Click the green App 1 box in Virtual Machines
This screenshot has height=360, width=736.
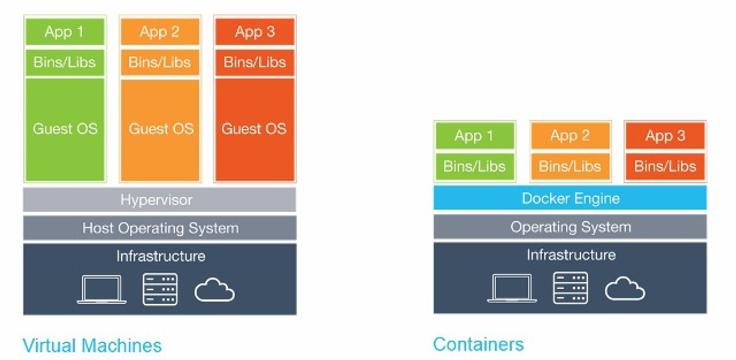(x=64, y=32)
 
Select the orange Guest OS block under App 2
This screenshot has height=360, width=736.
(x=160, y=129)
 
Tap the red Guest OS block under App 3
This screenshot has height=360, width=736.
(x=255, y=129)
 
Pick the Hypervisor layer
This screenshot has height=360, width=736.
(x=159, y=200)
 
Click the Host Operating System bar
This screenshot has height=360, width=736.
(x=159, y=228)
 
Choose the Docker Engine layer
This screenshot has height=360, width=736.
(x=570, y=198)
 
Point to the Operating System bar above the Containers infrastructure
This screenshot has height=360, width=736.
(x=570, y=227)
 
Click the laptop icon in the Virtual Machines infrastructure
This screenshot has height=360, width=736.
(x=102, y=289)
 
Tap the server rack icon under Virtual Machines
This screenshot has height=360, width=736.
(x=160, y=289)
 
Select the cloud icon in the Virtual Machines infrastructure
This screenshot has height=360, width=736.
(x=214, y=290)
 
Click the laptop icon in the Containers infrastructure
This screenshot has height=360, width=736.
(x=512, y=288)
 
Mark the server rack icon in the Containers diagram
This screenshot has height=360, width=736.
(x=570, y=288)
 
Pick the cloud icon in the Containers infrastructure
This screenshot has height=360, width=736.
(x=624, y=289)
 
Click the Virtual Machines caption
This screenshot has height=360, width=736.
(x=92, y=345)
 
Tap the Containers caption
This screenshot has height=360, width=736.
(x=478, y=344)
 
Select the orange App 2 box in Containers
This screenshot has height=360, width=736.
(x=570, y=136)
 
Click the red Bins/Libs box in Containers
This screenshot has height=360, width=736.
(x=665, y=166)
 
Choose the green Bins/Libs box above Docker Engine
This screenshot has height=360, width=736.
(x=474, y=166)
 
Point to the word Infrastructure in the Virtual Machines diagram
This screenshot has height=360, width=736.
(x=160, y=255)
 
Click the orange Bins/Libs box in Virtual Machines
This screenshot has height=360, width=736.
(x=160, y=62)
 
